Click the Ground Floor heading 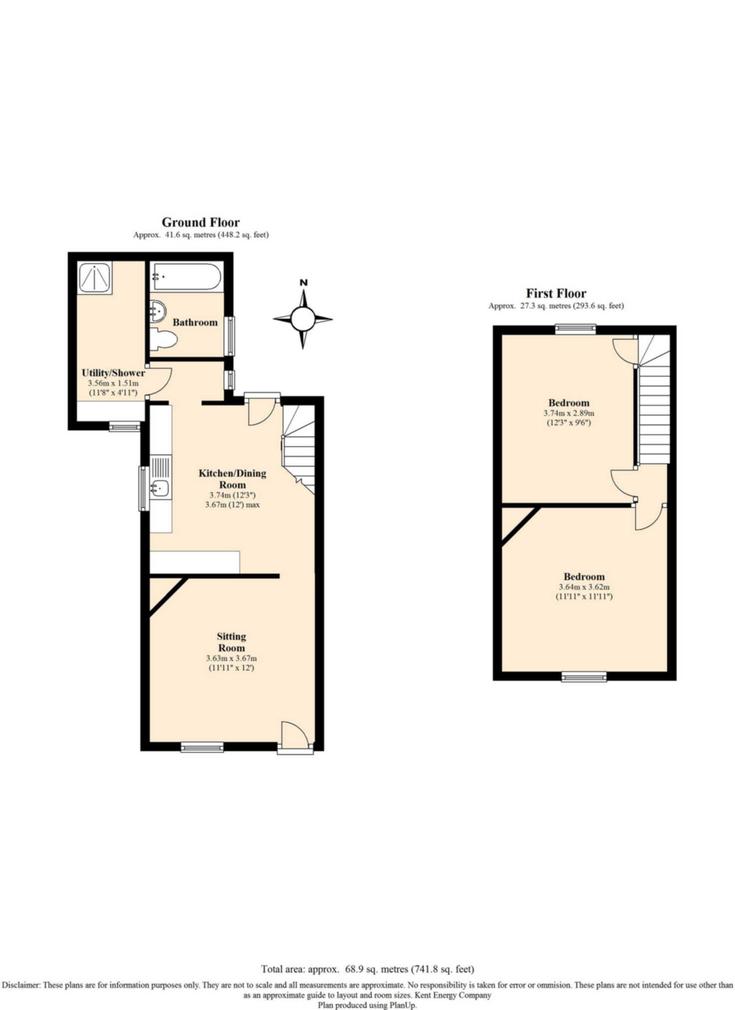[201, 222]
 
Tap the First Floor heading [556, 293]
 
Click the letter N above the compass [303, 283]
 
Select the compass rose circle [303, 319]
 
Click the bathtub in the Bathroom [186, 276]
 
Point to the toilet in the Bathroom [164, 340]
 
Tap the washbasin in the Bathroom [158, 311]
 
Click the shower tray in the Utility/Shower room [95, 277]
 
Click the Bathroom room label [195, 322]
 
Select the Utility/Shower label [113, 373]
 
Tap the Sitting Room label [232, 642]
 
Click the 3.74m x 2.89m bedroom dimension [569, 413]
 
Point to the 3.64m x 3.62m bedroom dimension [584, 587]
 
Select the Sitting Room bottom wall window [202, 746]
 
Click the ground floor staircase [299, 449]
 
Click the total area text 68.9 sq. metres [368, 969]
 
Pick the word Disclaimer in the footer [20, 985]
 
